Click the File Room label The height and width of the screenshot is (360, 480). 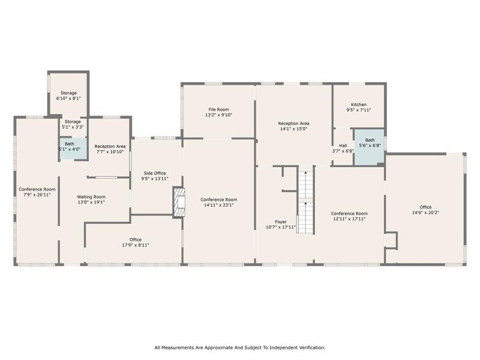(218, 109)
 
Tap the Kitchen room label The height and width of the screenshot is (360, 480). (358, 105)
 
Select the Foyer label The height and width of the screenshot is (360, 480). (280, 221)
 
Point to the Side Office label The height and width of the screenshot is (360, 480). (154, 173)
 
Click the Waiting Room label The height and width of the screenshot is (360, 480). (91, 197)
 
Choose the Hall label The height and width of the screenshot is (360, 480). (343, 145)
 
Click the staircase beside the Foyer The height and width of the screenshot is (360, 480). (305, 200)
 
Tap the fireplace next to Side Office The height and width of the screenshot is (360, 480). (178, 202)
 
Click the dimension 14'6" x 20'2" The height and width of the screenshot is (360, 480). (425, 212)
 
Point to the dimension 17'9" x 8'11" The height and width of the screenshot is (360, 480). (135, 245)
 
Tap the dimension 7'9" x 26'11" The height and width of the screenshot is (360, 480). (37, 195)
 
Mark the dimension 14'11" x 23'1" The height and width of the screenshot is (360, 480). (219, 205)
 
